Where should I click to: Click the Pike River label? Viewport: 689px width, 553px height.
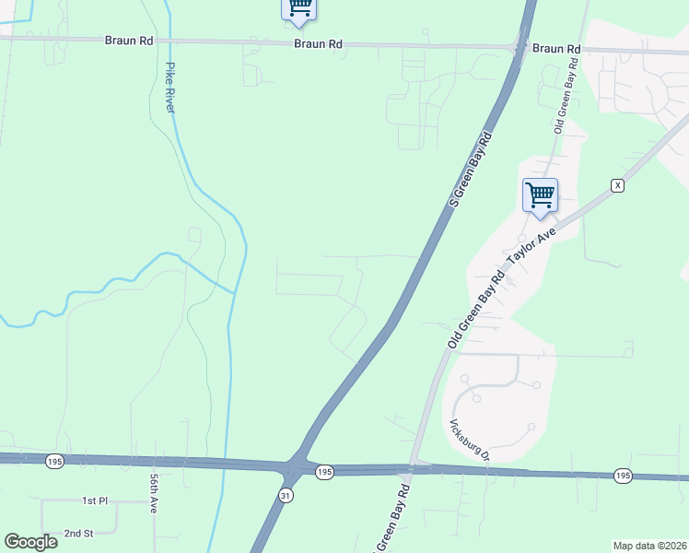pyautogui.click(x=169, y=88)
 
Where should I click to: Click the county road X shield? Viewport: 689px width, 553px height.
pyautogui.click(x=617, y=185)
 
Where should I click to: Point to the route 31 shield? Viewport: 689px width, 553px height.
pyautogui.click(x=286, y=496)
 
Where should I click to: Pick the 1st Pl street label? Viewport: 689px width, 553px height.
pyautogui.click(x=95, y=500)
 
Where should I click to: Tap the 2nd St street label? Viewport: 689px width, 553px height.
pyautogui.click(x=79, y=533)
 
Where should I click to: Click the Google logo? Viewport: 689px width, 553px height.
pyautogui.click(x=30, y=541)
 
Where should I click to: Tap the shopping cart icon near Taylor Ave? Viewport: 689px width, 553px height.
pyautogui.click(x=540, y=195)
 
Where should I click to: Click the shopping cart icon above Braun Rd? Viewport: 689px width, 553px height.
pyautogui.click(x=298, y=7)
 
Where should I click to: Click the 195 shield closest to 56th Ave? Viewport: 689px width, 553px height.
pyautogui.click(x=54, y=461)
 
